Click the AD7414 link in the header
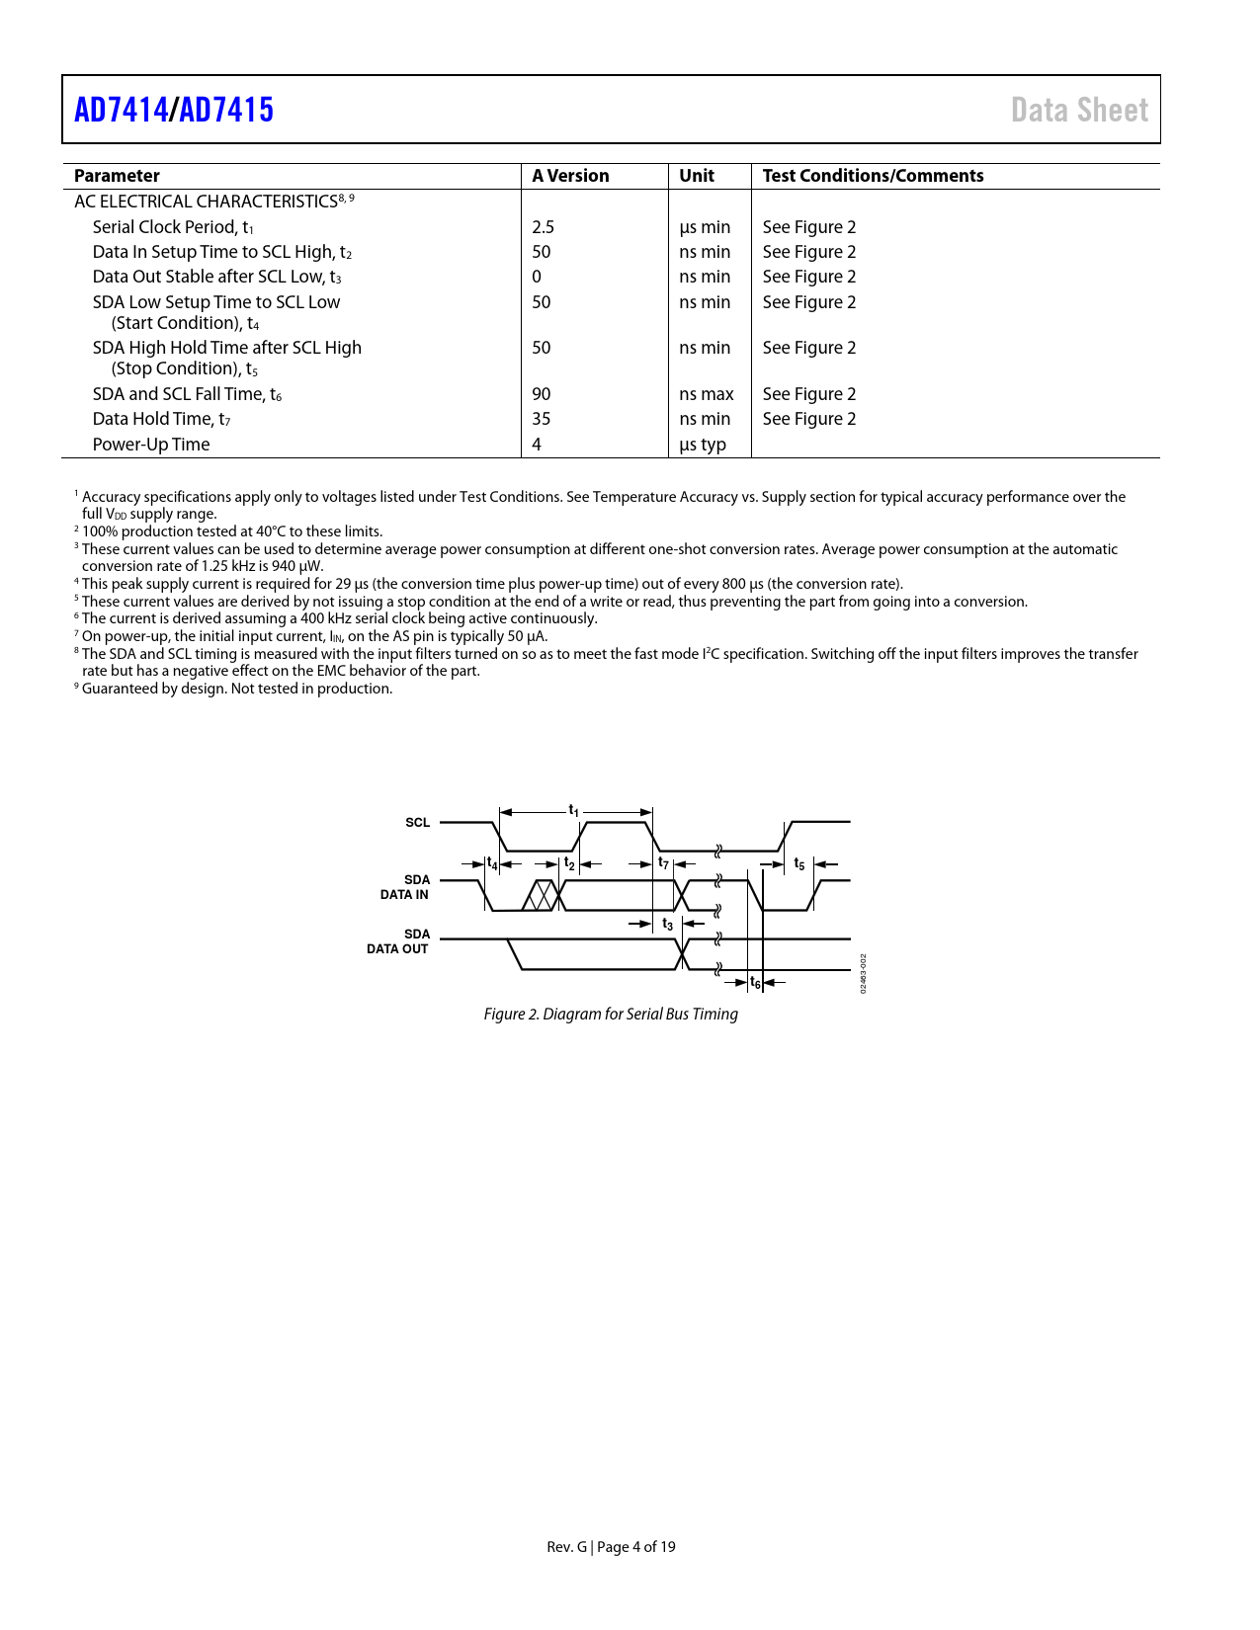coord(121,110)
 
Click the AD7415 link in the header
coord(226,110)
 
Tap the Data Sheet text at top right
coord(1079,110)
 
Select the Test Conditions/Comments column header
coord(873,176)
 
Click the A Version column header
coord(570,176)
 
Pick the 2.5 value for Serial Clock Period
coord(543,227)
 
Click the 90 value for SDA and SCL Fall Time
coord(542,394)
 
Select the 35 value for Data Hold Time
coord(542,419)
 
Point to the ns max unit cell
coord(706,394)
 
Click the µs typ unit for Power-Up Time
coord(703,445)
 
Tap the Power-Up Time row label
coord(151,445)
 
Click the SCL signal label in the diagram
coord(417,822)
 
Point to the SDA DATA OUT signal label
coord(398,941)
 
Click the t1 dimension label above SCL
coord(573,811)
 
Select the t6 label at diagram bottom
coord(755,982)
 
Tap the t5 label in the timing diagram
coord(799,864)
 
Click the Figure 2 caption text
coord(611,1014)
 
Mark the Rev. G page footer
coord(611,1547)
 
